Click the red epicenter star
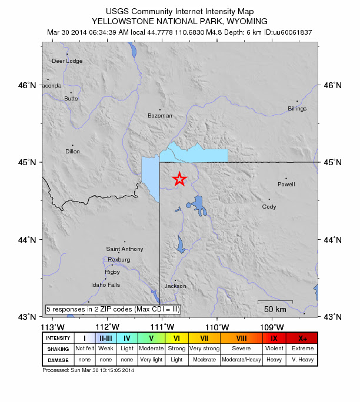point(179,180)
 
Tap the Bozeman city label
point(160,116)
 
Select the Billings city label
point(297,109)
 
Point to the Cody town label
point(269,207)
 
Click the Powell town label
point(286,185)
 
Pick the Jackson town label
point(175,286)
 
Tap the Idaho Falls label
point(105,285)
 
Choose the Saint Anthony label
point(124,249)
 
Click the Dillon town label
point(72,152)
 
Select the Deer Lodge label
point(67,61)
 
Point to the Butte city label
point(71,99)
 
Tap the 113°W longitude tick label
point(52,327)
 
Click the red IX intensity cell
point(274,338)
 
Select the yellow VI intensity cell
point(176,338)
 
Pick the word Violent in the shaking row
point(274,349)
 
